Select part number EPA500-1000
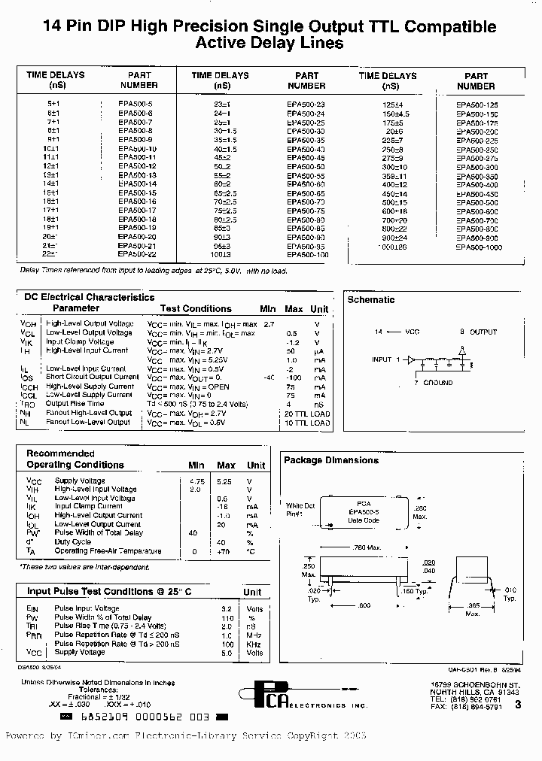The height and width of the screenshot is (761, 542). click(478, 247)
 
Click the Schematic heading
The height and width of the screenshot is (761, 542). click(370, 300)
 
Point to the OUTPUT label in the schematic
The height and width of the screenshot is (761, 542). click(483, 331)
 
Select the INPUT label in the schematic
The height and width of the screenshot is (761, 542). click(382, 359)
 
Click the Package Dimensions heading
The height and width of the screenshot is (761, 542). click(330, 460)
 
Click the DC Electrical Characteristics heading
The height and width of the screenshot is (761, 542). click(90, 297)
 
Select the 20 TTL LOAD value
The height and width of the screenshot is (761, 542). click(306, 414)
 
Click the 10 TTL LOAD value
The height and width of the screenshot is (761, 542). click(306, 423)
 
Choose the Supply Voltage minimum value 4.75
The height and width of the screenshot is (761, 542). click(196, 481)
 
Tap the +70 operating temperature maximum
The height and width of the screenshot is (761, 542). click(222, 551)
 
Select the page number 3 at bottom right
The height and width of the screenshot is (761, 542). click(517, 704)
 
